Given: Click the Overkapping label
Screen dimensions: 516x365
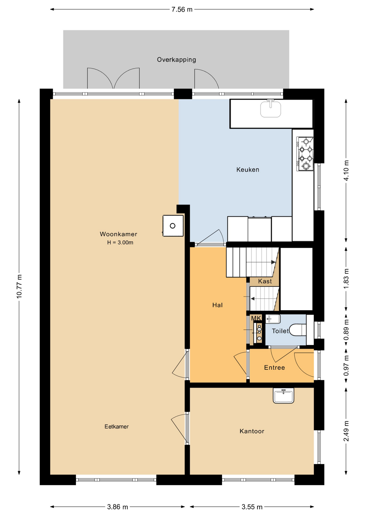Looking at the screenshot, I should point(176,60).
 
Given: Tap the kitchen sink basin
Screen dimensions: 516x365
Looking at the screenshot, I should point(271,109).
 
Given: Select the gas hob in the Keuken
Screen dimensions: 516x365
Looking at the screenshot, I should point(305,154).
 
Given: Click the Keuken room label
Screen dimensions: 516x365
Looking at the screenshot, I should point(248,170).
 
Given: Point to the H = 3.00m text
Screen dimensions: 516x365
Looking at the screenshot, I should point(120,242).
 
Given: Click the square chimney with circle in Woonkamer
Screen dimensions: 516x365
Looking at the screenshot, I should point(173,226).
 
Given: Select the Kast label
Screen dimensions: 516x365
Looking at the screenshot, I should point(265,281).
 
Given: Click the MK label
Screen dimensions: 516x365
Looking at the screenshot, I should point(256,318).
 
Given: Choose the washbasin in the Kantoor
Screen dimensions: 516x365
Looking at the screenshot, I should point(283,395).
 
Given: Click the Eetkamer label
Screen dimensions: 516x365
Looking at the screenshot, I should point(116,427).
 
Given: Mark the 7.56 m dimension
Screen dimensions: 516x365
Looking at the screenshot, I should point(182,10).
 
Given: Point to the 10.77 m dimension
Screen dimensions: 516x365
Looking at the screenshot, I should point(19,286).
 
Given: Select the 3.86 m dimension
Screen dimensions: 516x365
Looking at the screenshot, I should point(117,507).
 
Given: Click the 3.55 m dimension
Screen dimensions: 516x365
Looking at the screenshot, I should point(252,507).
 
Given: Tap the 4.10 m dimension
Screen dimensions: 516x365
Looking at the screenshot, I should point(346,170).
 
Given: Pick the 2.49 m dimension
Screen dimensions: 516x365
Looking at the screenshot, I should point(346,431).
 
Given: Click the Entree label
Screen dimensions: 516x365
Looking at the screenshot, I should point(274,368).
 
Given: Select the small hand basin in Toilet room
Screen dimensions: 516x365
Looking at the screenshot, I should point(273,319).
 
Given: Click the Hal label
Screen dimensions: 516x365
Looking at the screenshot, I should point(217,305).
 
